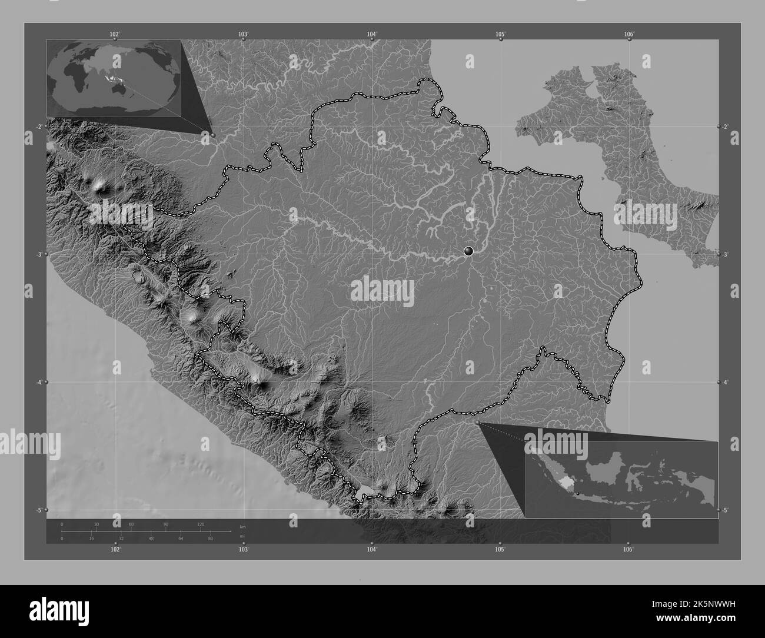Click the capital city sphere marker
(x=468, y=251)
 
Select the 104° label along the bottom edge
(x=371, y=550)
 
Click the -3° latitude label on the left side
(x=38, y=254)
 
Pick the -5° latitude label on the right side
(x=726, y=510)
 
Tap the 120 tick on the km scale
(x=200, y=524)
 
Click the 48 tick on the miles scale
(x=151, y=539)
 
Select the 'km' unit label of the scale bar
(x=242, y=526)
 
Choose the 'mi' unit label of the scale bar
(x=242, y=536)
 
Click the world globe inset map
(x=114, y=78)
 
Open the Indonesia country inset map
(x=621, y=480)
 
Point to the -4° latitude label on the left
(x=38, y=382)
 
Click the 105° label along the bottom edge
(x=500, y=550)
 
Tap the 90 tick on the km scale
(x=165, y=524)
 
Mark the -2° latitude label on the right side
(x=726, y=127)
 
